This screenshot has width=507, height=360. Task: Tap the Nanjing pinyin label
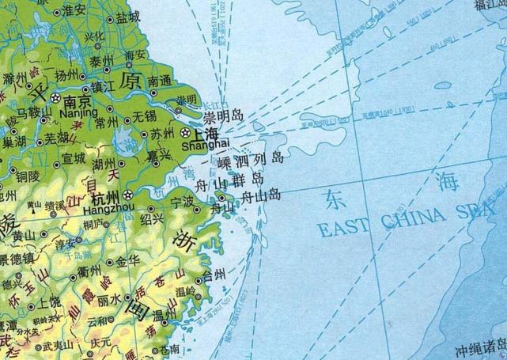click(x=79, y=113)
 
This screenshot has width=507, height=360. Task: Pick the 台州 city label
click(x=214, y=276)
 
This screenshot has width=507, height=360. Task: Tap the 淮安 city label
click(x=74, y=10)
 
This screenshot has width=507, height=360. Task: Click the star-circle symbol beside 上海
click(x=187, y=132)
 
